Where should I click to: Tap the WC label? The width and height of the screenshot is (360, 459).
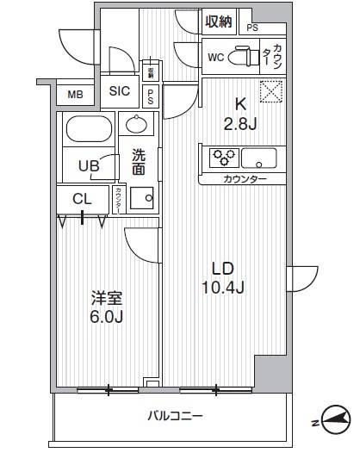tap(216, 57)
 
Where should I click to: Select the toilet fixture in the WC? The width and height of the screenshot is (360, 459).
tap(248, 57)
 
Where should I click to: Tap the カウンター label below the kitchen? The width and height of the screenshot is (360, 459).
tap(245, 179)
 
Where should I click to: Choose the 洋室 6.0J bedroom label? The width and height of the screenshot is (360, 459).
tap(109, 307)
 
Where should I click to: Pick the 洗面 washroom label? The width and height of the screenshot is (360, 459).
tap(138, 163)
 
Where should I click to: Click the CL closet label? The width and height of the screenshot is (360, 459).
tap(83, 200)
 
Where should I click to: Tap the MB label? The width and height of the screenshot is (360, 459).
tap(75, 94)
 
